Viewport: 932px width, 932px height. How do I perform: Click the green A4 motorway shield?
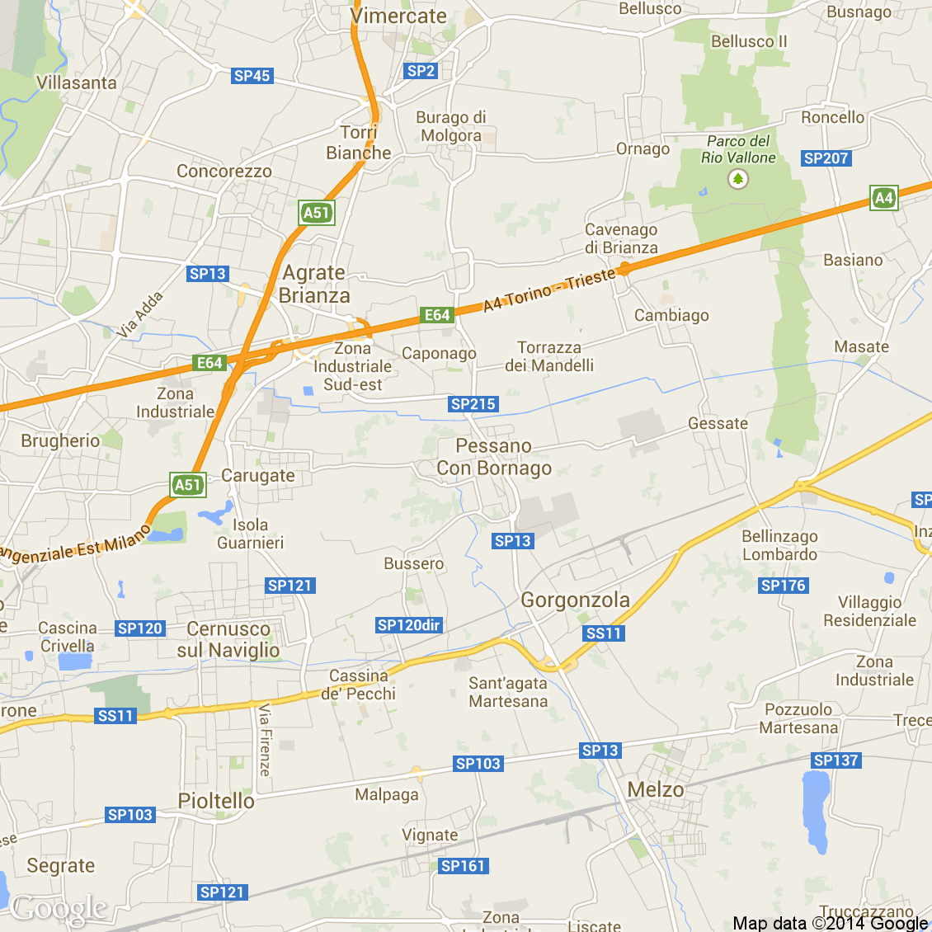(883, 198)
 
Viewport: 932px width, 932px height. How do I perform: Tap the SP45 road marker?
(252, 76)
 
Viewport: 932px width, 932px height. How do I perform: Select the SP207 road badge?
(826, 158)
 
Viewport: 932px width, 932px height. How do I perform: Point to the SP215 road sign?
(473, 404)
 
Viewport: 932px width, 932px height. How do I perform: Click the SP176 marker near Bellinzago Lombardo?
(784, 586)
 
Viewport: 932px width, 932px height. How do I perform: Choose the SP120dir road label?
(409, 625)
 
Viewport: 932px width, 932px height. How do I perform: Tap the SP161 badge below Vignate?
(463, 866)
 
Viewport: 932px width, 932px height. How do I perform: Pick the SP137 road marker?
(836, 760)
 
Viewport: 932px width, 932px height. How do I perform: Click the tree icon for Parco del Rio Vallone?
(738, 179)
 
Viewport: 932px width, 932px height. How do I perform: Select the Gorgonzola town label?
(575, 600)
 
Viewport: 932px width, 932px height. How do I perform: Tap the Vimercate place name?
(398, 16)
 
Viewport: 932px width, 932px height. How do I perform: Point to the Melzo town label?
(656, 790)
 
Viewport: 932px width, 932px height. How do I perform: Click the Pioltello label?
(216, 801)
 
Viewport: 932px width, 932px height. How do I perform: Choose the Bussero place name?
(414, 564)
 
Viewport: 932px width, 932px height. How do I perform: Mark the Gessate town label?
(718, 424)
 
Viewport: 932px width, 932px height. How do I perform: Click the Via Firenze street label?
(265, 740)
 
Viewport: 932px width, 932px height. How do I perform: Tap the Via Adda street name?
(139, 315)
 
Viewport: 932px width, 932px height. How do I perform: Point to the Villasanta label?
(77, 83)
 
